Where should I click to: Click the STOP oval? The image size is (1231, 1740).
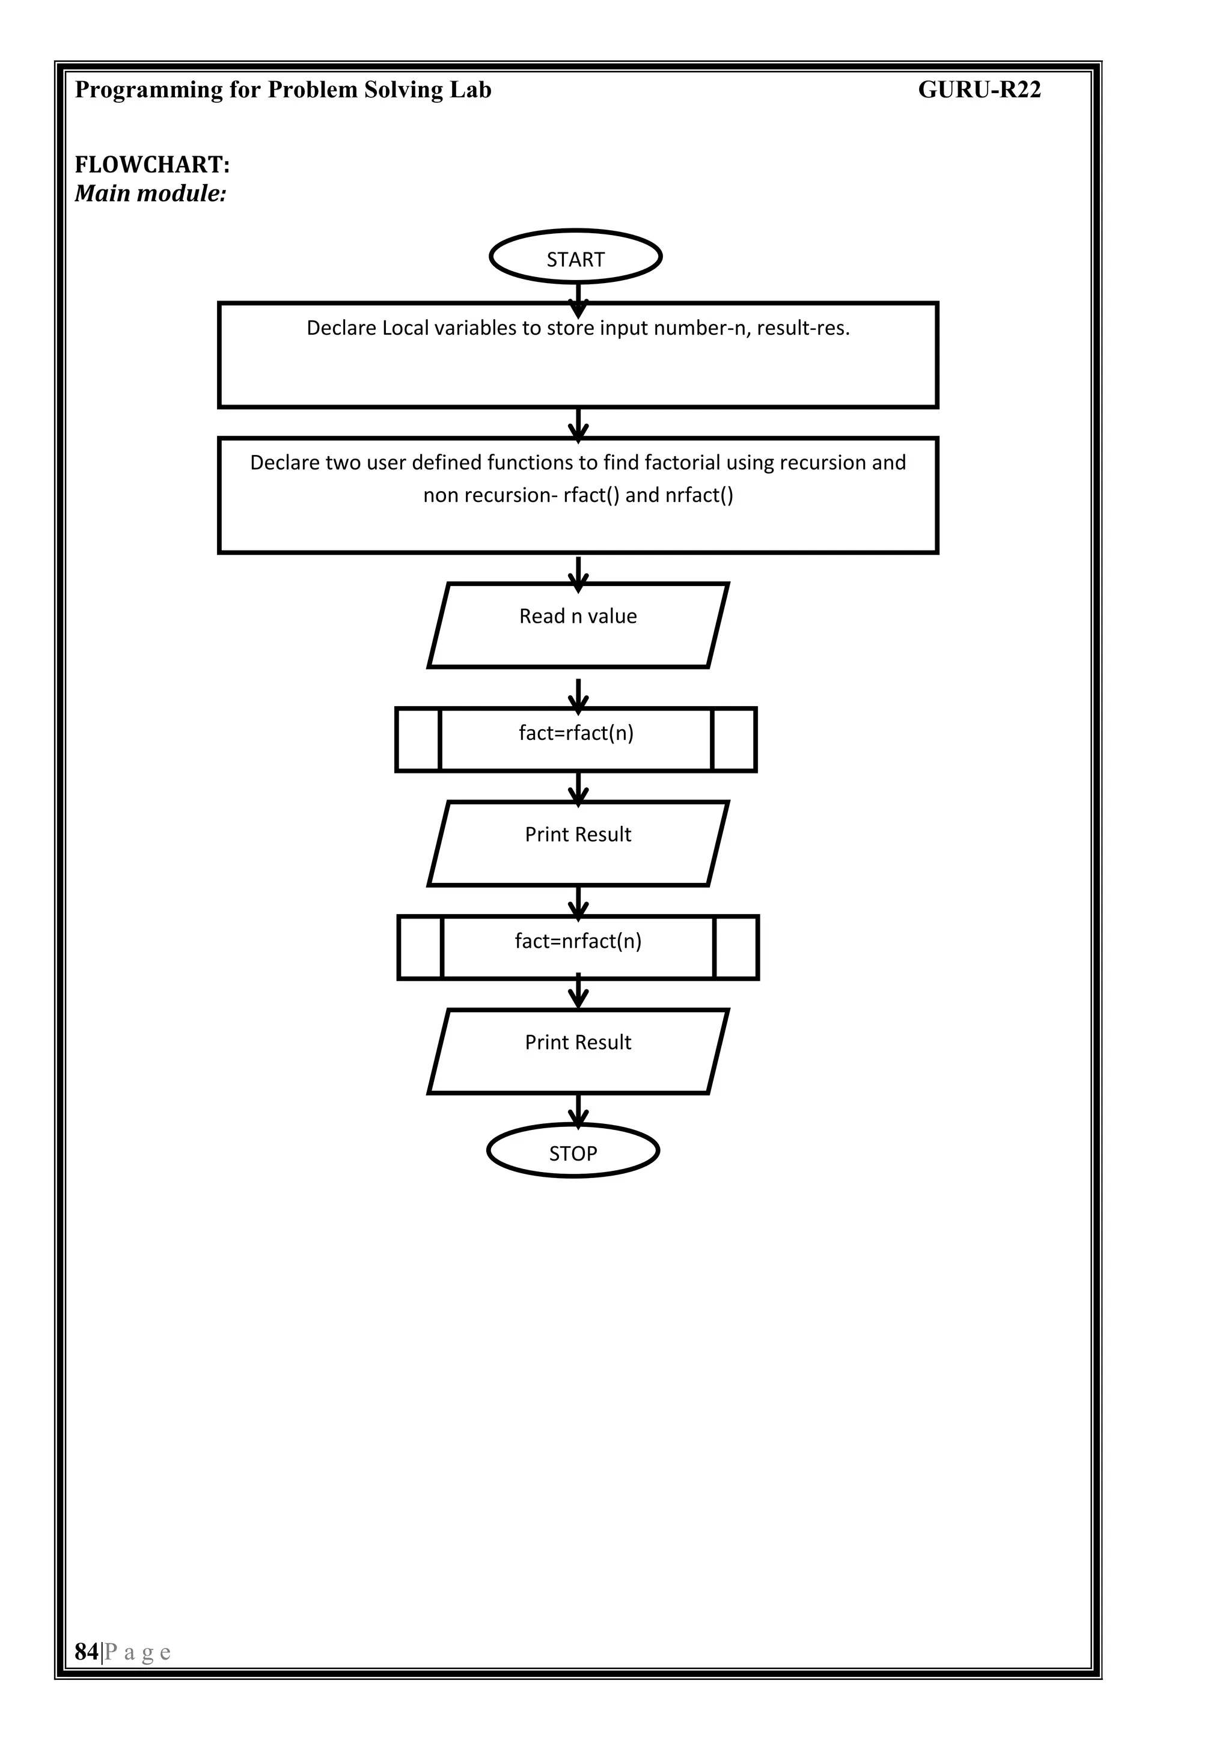[572, 1153]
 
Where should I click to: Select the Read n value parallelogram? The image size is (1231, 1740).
[578, 625]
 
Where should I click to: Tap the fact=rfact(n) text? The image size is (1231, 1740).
[575, 733]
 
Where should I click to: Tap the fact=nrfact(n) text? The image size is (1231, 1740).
[578, 941]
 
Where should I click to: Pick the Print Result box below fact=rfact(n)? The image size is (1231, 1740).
[578, 843]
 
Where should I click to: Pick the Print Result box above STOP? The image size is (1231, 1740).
[578, 1051]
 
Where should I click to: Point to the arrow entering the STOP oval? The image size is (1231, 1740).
[578, 1110]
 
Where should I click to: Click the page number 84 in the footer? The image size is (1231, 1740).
[87, 1651]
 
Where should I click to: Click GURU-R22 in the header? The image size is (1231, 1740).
[979, 90]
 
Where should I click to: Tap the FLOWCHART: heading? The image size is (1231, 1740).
[151, 165]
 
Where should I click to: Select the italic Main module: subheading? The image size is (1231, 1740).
[150, 194]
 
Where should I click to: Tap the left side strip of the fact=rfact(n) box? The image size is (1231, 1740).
[418, 740]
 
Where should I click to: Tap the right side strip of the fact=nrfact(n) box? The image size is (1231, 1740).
[735, 947]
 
